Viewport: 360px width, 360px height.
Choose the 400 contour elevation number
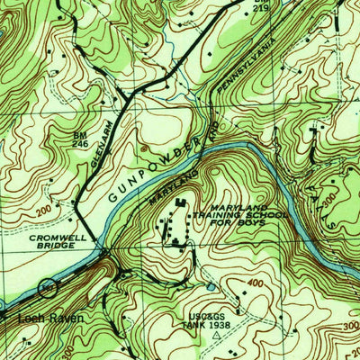pos(258,283)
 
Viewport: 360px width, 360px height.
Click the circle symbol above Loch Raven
pos(47,290)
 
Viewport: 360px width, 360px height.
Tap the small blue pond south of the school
pos(210,287)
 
